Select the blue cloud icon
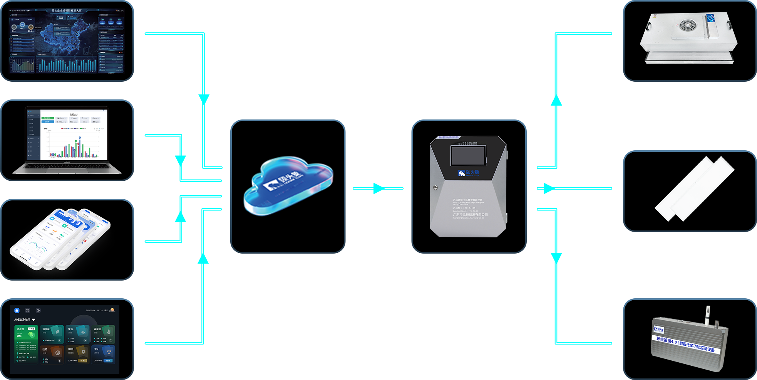[x=288, y=185]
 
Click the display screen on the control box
[x=468, y=156]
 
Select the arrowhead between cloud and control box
[x=378, y=188]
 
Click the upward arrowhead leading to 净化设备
[x=556, y=100]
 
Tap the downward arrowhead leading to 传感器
[x=556, y=258]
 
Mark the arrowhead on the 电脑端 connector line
[x=181, y=160]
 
